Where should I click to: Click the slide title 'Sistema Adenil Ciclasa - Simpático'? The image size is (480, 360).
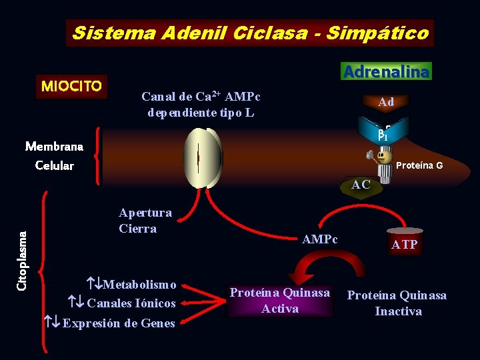(249, 33)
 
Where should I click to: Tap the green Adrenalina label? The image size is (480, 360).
(387, 71)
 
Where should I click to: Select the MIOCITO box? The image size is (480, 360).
(71, 86)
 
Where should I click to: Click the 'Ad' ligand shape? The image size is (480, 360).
(386, 102)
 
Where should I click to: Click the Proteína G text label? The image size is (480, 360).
(419, 165)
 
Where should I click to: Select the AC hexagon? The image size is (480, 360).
(361, 185)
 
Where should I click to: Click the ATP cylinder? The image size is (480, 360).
(405, 243)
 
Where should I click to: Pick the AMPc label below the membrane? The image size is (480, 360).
(320, 239)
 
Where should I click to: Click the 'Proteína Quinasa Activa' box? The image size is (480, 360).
(280, 300)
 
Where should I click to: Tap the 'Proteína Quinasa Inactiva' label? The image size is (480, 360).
(397, 303)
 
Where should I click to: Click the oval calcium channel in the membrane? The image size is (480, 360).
(203, 158)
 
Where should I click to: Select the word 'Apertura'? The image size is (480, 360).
(145, 213)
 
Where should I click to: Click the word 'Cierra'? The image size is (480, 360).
(137, 229)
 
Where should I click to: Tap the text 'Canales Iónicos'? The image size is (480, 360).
(131, 304)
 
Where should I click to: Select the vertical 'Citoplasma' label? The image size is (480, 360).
(21, 260)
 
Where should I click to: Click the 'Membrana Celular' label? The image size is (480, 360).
(54, 155)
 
